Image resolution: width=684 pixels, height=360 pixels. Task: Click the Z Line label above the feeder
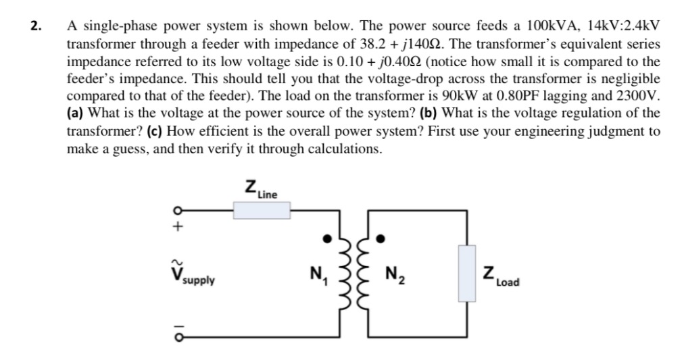pyautogui.click(x=260, y=189)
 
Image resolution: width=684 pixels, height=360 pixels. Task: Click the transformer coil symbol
pyautogui.click(x=356, y=273)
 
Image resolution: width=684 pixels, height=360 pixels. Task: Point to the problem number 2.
pyautogui.click(x=35, y=27)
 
